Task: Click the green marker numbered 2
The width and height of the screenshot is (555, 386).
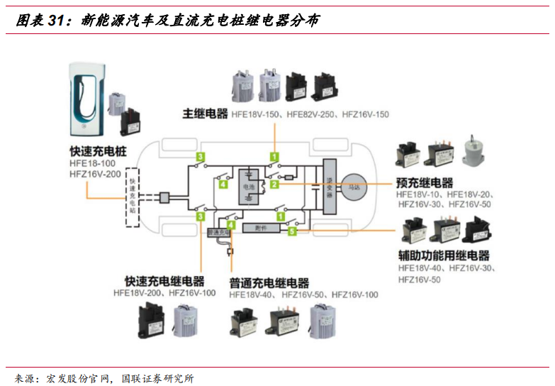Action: tap(274, 184)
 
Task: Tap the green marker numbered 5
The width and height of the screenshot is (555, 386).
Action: tap(291, 231)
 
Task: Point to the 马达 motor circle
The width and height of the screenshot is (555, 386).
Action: tap(354, 186)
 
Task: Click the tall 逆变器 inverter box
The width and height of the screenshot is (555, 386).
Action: tap(327, 186)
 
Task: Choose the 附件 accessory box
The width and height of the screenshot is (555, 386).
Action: tap(259, 227)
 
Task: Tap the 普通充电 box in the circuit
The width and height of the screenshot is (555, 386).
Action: tap(218, 232)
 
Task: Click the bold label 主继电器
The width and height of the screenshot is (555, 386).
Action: tap(205, 114)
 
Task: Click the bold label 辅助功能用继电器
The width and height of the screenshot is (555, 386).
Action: tap(444, 256)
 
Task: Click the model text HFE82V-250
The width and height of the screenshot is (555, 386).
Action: tap(310, 114)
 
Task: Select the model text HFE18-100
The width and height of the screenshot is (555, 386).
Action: tap(93, 163)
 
